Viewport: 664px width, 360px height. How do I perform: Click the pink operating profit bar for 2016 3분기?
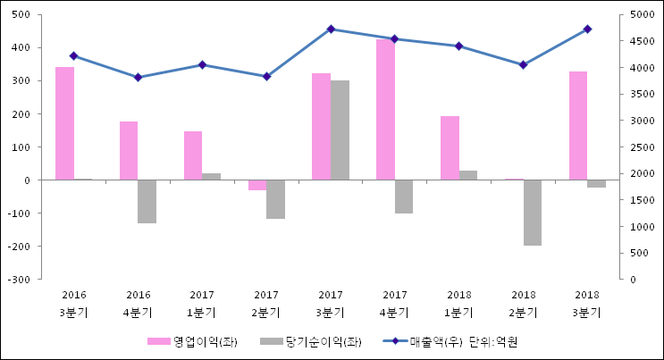(64, 123)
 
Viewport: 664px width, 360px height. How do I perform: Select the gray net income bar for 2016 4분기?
(147, 201)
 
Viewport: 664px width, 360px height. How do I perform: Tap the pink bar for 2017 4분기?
(385, 110)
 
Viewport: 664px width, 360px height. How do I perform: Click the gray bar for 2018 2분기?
(533, 213)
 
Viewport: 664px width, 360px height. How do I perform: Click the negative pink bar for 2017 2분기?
(257, 185)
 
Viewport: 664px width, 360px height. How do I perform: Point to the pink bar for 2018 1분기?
(450, 148)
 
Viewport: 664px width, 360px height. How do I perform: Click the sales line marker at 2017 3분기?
(331, 29)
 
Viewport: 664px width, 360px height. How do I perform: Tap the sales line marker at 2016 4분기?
(138, 78)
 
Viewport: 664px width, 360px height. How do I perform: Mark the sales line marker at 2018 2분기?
(524, 64)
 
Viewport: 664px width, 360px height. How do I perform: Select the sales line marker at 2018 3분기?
(587, 29)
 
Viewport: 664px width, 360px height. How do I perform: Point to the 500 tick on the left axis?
(21, 14)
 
